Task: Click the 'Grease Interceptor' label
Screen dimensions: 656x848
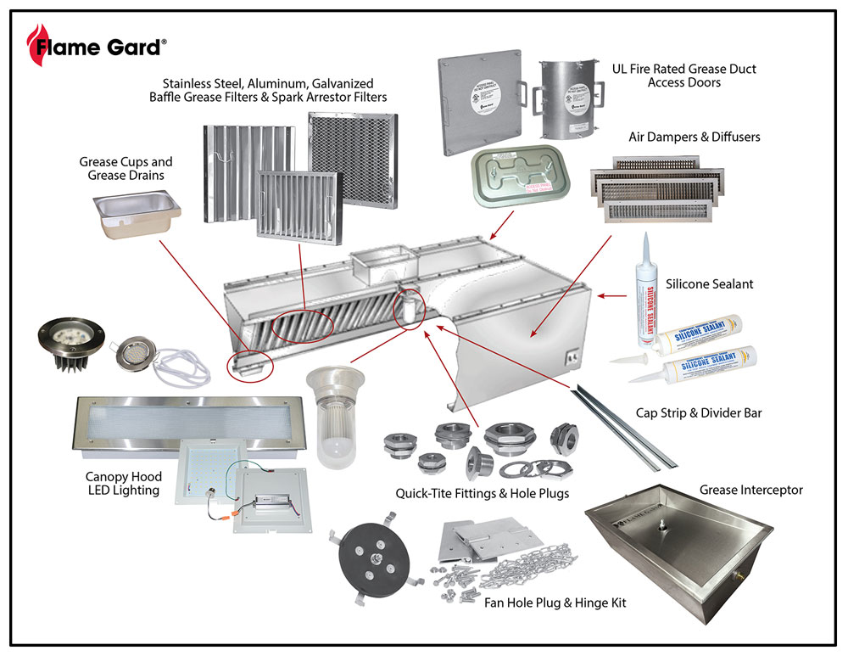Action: [750, 490]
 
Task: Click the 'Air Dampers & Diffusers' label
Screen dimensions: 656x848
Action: [694, 137]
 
